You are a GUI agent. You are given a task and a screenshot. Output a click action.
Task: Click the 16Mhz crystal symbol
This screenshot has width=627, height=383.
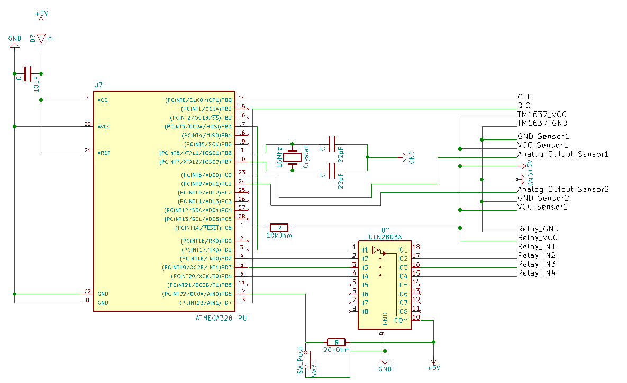tap(292, 157)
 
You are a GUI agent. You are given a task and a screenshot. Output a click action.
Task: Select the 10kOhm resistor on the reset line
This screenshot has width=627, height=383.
tap(279, 228)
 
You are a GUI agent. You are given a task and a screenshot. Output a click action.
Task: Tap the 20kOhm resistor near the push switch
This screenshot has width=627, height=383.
tap(336, 342)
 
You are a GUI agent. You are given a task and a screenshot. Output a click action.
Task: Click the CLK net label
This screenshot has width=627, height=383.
tap(524, 97)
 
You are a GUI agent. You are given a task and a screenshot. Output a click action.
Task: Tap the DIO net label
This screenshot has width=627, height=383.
tap(524, 106)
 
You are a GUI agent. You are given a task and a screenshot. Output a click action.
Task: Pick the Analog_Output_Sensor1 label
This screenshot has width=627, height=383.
tap(563, 154)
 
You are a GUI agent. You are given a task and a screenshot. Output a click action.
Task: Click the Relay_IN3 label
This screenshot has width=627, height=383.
tap(537, 264)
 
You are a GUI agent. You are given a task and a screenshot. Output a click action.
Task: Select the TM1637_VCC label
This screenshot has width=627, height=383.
tap(542, 114)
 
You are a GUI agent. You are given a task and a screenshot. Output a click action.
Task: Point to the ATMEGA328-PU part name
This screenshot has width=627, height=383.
tap(221, 319)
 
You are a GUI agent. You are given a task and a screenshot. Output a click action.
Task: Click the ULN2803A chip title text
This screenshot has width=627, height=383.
tap(385, 238)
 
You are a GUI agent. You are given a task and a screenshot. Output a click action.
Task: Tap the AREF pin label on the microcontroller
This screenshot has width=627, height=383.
tap(104, 153)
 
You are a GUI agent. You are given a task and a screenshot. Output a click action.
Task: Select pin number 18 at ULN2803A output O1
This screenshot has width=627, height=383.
tap(416, 247)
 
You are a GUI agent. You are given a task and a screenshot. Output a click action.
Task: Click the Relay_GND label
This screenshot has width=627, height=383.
tap(538, 229)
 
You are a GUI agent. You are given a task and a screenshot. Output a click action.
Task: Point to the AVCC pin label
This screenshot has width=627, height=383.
tap(104, 126)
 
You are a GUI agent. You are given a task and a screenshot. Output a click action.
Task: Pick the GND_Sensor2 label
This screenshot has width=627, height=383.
tap(543, 198)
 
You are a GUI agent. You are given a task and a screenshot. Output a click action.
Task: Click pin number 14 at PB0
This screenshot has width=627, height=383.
tap(242, 97)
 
